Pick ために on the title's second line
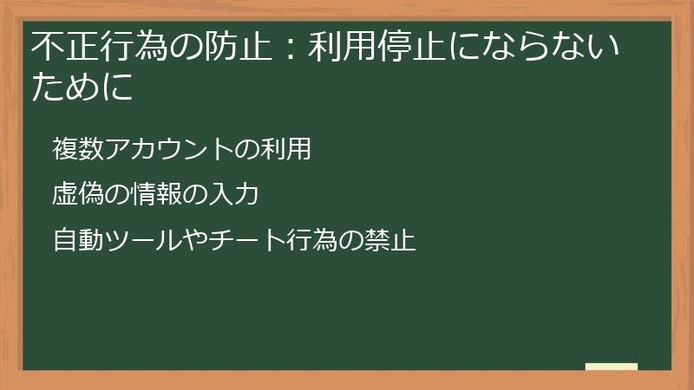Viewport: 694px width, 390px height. (82, 87)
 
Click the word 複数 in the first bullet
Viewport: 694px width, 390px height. (76, 150)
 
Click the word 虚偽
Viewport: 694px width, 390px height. (76, 194)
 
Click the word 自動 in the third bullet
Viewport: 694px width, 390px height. (76, 238)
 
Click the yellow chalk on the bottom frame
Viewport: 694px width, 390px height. (612, 367)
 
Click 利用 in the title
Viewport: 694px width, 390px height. (344, 45)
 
